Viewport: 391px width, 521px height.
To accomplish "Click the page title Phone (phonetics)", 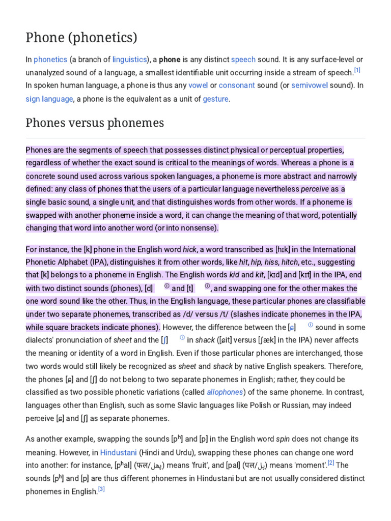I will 81,38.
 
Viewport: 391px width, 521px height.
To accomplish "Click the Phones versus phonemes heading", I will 95,123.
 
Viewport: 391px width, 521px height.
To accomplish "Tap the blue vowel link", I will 198,85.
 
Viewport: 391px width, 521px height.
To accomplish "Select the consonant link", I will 237,85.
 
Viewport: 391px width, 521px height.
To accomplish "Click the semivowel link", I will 310,85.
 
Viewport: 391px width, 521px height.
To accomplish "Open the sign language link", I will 49,99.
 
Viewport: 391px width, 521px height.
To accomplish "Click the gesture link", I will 216,99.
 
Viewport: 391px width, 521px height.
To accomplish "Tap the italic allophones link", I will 225,392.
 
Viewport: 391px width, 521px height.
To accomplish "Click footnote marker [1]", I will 357,70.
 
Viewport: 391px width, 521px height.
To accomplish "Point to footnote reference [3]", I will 101,489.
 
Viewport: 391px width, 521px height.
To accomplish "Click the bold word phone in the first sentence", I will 170,60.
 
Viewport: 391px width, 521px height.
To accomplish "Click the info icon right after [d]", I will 167,286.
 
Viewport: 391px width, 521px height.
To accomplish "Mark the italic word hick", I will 189,249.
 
